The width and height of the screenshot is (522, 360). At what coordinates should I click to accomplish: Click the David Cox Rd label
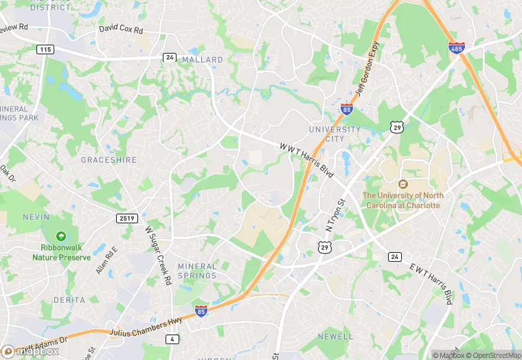pos(120,30)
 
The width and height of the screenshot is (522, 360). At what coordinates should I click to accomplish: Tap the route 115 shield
pos(45,50)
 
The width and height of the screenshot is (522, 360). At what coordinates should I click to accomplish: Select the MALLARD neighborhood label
pos(203,60)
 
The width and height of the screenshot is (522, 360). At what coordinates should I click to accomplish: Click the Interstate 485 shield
pos(456,47)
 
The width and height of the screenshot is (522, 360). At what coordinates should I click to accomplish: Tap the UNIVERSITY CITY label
pos(334,134)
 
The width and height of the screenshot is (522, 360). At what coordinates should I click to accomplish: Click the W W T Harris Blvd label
pos(307,160)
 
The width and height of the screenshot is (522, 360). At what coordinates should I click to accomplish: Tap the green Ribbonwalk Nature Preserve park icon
pos(61,236)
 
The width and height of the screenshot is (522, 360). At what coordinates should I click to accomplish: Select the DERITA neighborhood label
pos(69,300)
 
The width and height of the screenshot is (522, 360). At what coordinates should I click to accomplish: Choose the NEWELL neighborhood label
pos(336,336)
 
